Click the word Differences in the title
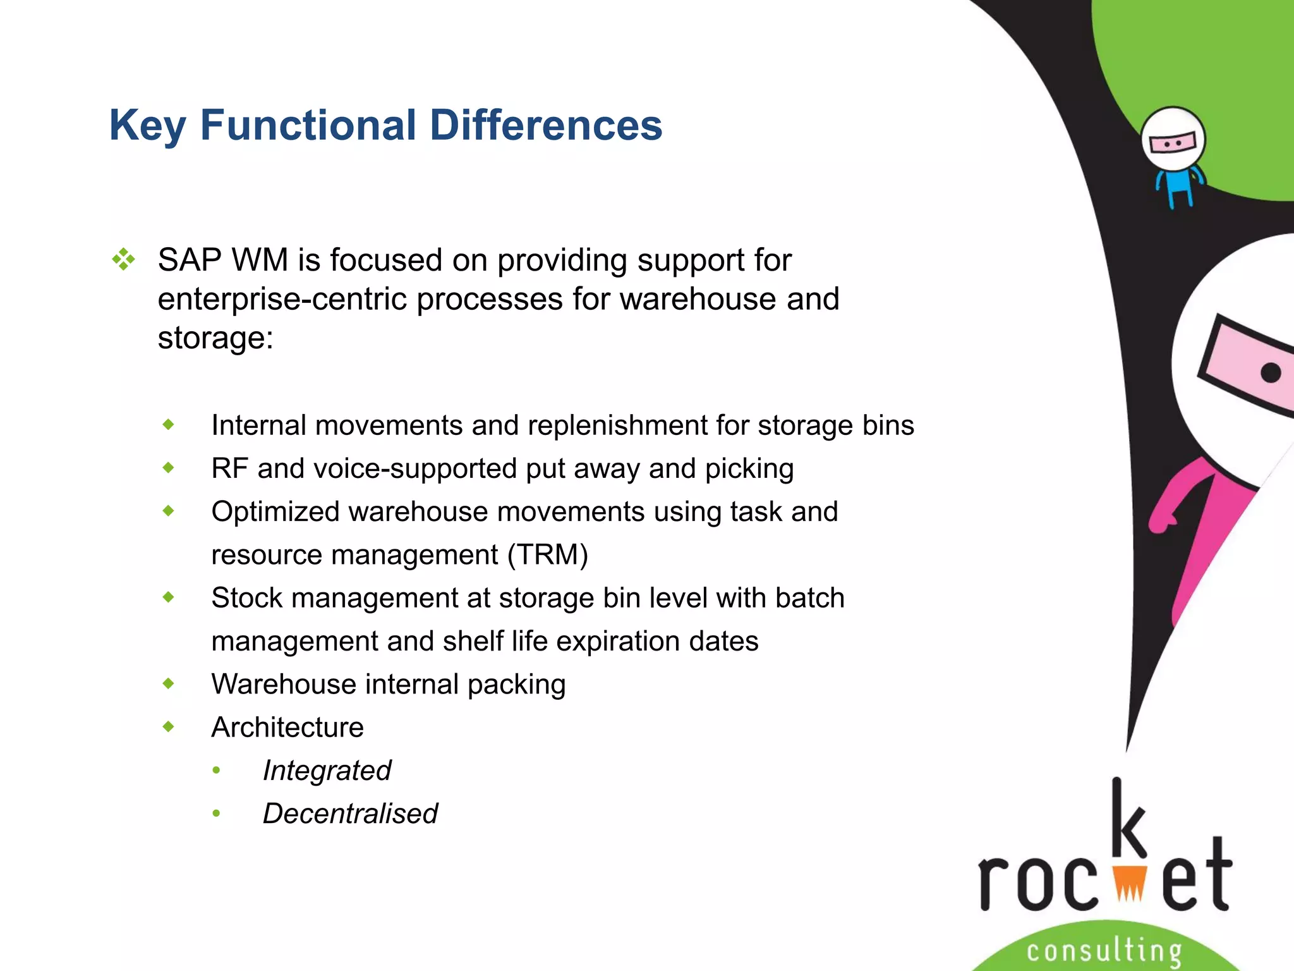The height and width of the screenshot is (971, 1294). [x=545, y=125]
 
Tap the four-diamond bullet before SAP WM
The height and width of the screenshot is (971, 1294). [x=123, y=259]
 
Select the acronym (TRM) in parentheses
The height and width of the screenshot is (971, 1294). [x=548, y=555]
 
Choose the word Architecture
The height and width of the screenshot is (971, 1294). [x=287, y=728]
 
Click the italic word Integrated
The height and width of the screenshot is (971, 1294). [x=327, y=771]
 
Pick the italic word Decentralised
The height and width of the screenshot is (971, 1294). [x=350, y=814]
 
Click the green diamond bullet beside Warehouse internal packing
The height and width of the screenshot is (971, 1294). [x=168, y=683]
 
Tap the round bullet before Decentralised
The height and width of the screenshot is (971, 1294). [x=216, y=813]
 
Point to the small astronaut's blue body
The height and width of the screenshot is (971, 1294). [x=1179, y=183]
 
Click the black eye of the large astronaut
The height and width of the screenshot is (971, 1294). [x=1271, y=372]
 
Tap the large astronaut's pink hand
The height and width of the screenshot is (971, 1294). [x=1161, y=522]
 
